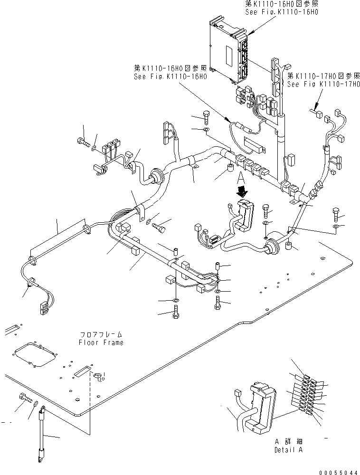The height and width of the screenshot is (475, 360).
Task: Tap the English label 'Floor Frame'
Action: coord(101,342)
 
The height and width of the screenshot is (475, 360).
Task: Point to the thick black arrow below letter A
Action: coord(242,191)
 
